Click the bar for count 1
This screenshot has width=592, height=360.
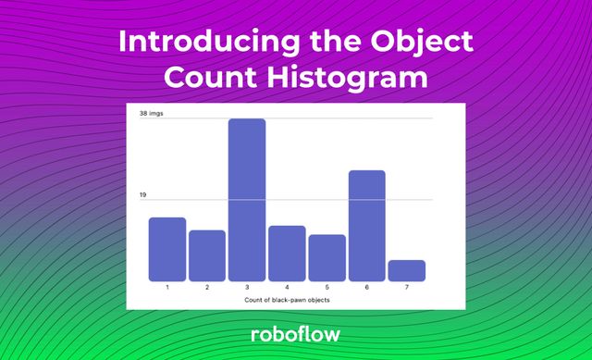(x=167, y=249)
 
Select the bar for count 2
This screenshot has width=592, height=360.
(x=207, y=255)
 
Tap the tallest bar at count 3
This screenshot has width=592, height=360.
(x=247, y=200)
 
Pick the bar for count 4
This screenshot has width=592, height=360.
(x=287, y=253)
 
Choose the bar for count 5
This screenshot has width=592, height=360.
(x=327, y=257)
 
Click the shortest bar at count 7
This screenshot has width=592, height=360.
(x=406, y=270)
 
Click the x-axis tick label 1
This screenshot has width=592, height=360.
(x=167, y=288)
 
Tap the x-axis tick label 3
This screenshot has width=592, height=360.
(x=247, y=288)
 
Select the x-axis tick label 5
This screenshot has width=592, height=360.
(x=327, y=288)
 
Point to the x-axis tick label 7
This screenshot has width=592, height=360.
(x=406, y=288)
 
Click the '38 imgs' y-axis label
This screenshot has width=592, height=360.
(x=151, y=113)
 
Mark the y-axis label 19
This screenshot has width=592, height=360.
(x=143, y=195)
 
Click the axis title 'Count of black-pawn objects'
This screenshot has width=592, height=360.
(x=287, y=300)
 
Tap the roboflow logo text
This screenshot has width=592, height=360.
(x=295, y=334)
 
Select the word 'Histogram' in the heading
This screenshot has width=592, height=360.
(x=350, y=78)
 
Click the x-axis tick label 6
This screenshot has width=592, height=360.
(x=366, y=288)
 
